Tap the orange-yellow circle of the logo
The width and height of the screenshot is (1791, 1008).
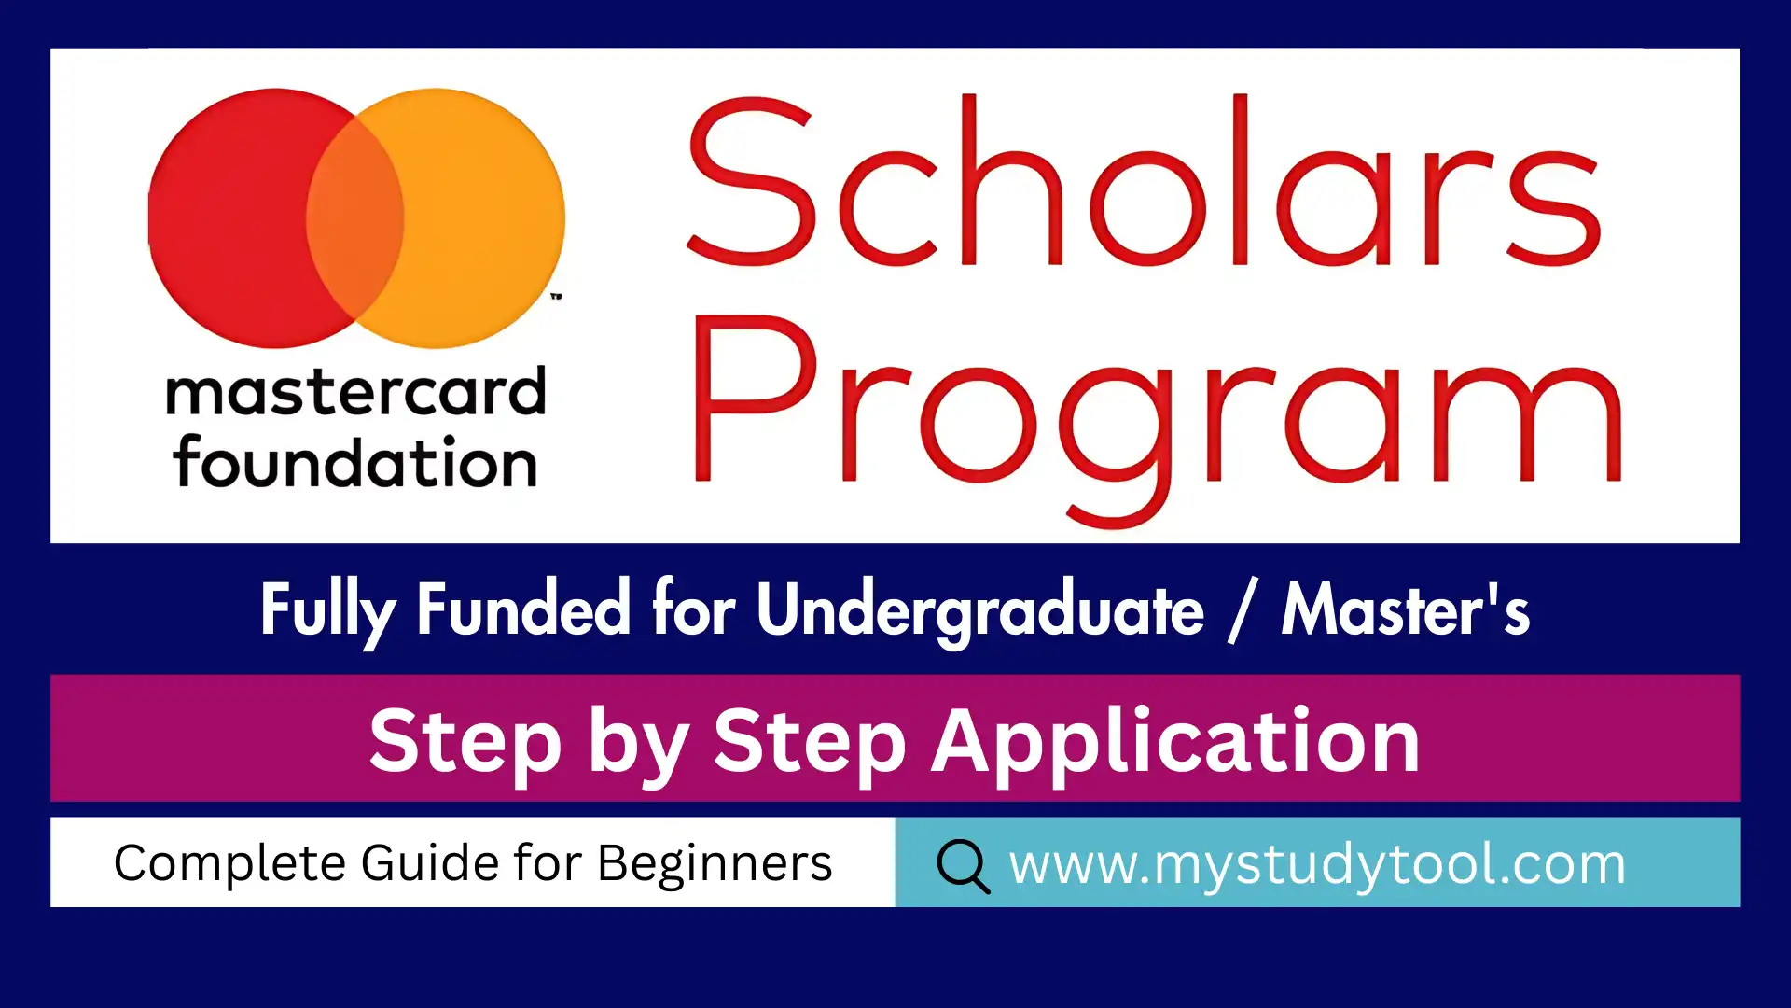pyautogui.click(x=485, y=218)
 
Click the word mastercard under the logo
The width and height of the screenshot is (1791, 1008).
pyautogui.click(x=355, y=392)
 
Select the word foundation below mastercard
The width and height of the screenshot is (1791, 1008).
pyautogui.click(x=354, y=462)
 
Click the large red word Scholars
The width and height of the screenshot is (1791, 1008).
pyautogui.click(x=1144, y=179)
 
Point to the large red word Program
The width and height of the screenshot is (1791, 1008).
pyautogui.click(x=1157, y=420)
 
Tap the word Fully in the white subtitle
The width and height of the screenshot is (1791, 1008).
pyautogui.click(x=327, y=611)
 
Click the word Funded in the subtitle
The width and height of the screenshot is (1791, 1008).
pyautogui.click(x=523, y=609)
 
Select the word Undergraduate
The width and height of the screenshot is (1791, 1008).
pyautogui.click(x=980, y=611)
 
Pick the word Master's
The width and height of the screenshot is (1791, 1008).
pyautogui.click(x=1406, y=609)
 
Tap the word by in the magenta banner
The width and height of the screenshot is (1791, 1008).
pyautogui.click(x=638, y=744)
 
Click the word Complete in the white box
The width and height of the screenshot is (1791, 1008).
pyautogui.click(x=230, y=863)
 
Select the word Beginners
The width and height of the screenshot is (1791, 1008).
pyautogui.click(x=715, y=864)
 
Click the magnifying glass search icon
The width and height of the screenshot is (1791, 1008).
pyautogui.click(x=964, y=866)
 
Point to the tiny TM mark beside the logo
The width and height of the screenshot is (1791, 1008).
pyautogui.click(x=557, y=296)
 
